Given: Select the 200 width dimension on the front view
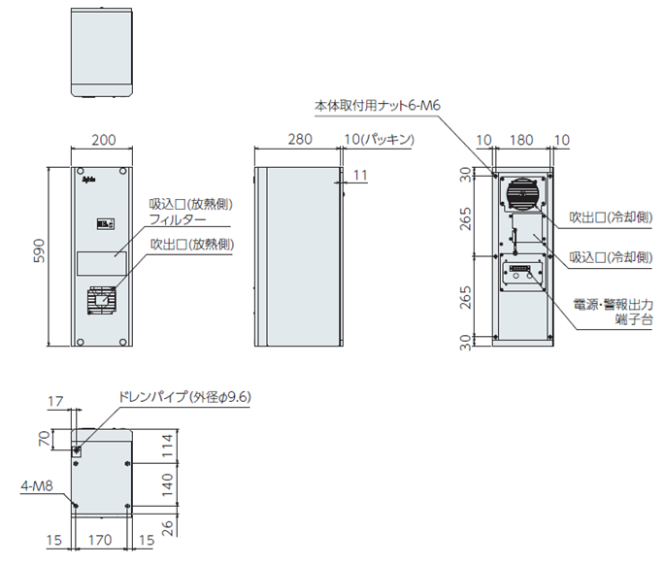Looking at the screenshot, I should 103,140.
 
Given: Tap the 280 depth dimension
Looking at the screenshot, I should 300,140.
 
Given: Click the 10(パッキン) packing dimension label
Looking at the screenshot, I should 380,140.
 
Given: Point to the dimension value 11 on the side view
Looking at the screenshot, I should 361,175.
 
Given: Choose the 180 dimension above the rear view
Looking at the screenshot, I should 522,140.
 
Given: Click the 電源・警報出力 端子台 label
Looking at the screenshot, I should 609,311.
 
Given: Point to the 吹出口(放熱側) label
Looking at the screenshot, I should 191,243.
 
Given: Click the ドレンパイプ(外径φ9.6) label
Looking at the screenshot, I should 183,397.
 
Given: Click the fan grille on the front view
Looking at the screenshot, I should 102,303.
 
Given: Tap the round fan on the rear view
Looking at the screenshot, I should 522,193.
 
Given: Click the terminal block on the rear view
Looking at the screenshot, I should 522,275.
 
